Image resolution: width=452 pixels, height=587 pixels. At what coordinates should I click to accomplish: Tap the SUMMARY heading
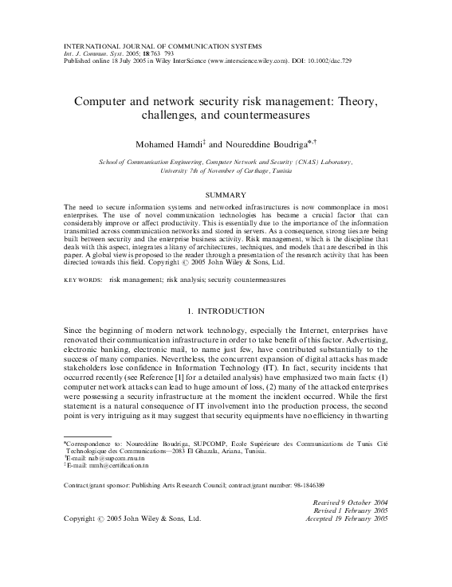tap(225, 194)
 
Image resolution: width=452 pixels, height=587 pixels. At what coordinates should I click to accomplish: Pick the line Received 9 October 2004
tap(346, 503)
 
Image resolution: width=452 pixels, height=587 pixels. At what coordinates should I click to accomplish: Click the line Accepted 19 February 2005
tap(346, 519)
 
